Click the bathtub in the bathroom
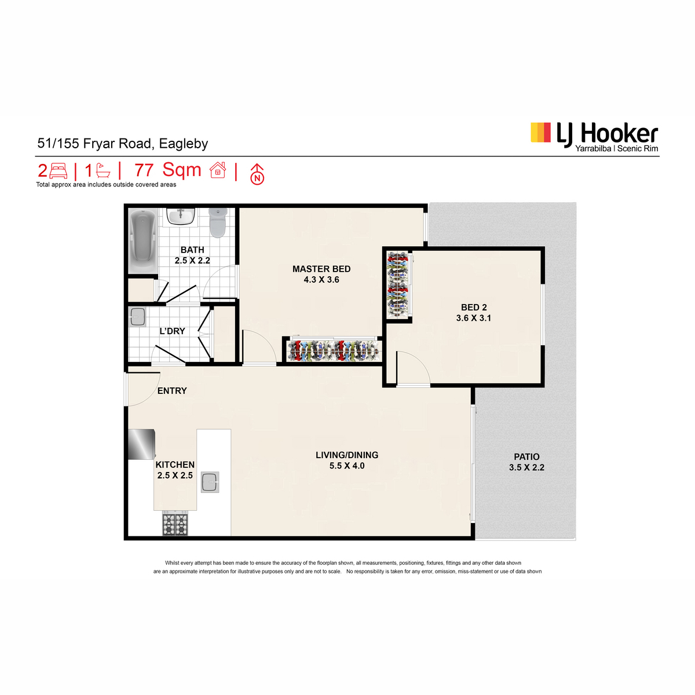[x=143, y=240]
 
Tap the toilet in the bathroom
[x=218, y=222]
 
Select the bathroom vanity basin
[x=181, y=216]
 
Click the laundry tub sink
[x=137, y=317]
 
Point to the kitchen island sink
[x=210, y=482]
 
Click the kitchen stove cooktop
[x=175, y=524]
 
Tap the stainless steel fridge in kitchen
[x=142, y=444]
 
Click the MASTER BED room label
[x=321, y=269]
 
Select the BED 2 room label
[x=474, y=308]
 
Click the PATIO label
[x=526, y=456]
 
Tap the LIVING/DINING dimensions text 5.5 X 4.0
[x=346, y=466]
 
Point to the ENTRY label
[x=172, y=390]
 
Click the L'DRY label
[x=172, y=331]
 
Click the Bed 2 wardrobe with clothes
[x=397, y=285]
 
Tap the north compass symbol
[x=257, y=174]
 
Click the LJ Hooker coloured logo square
[x=540, y=133]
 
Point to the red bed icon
[x=58, y=171]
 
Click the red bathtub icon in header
[x=103, y=171]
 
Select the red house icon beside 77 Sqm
[x=218, y=170]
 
